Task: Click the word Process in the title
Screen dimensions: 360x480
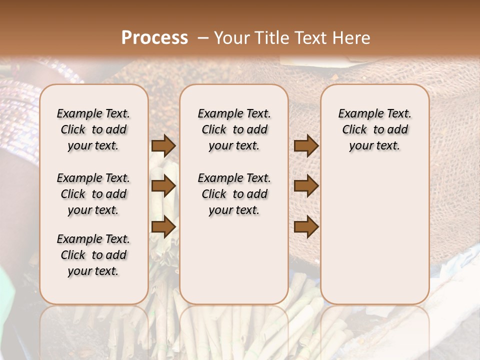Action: (x=154, y=38)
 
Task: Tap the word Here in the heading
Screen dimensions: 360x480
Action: (x=349, y=38)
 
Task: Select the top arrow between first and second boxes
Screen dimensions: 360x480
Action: (x=163, y=146)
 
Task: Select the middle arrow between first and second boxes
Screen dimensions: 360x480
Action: (x=163, y=186)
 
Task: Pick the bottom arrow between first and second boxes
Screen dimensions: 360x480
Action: (x=163, y=227)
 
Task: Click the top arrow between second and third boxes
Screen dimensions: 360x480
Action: (x=306, y=146)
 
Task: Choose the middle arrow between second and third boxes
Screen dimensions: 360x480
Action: (x=306, y=186)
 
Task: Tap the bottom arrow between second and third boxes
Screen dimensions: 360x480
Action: (x=306, y=227)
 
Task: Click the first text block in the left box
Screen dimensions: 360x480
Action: (x=93, y=129)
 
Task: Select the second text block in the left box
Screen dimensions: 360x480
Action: (x=93, y=194)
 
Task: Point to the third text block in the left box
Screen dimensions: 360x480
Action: (x=93, y=255)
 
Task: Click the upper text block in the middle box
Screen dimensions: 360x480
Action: (x=234, y=129)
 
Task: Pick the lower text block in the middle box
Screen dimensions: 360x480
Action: (x=234, y=194)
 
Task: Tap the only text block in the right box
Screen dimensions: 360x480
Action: (x=374, y=129)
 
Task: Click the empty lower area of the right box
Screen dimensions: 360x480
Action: (x=374, y=235)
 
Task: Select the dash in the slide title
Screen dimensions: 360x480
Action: (x=202, y=38)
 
